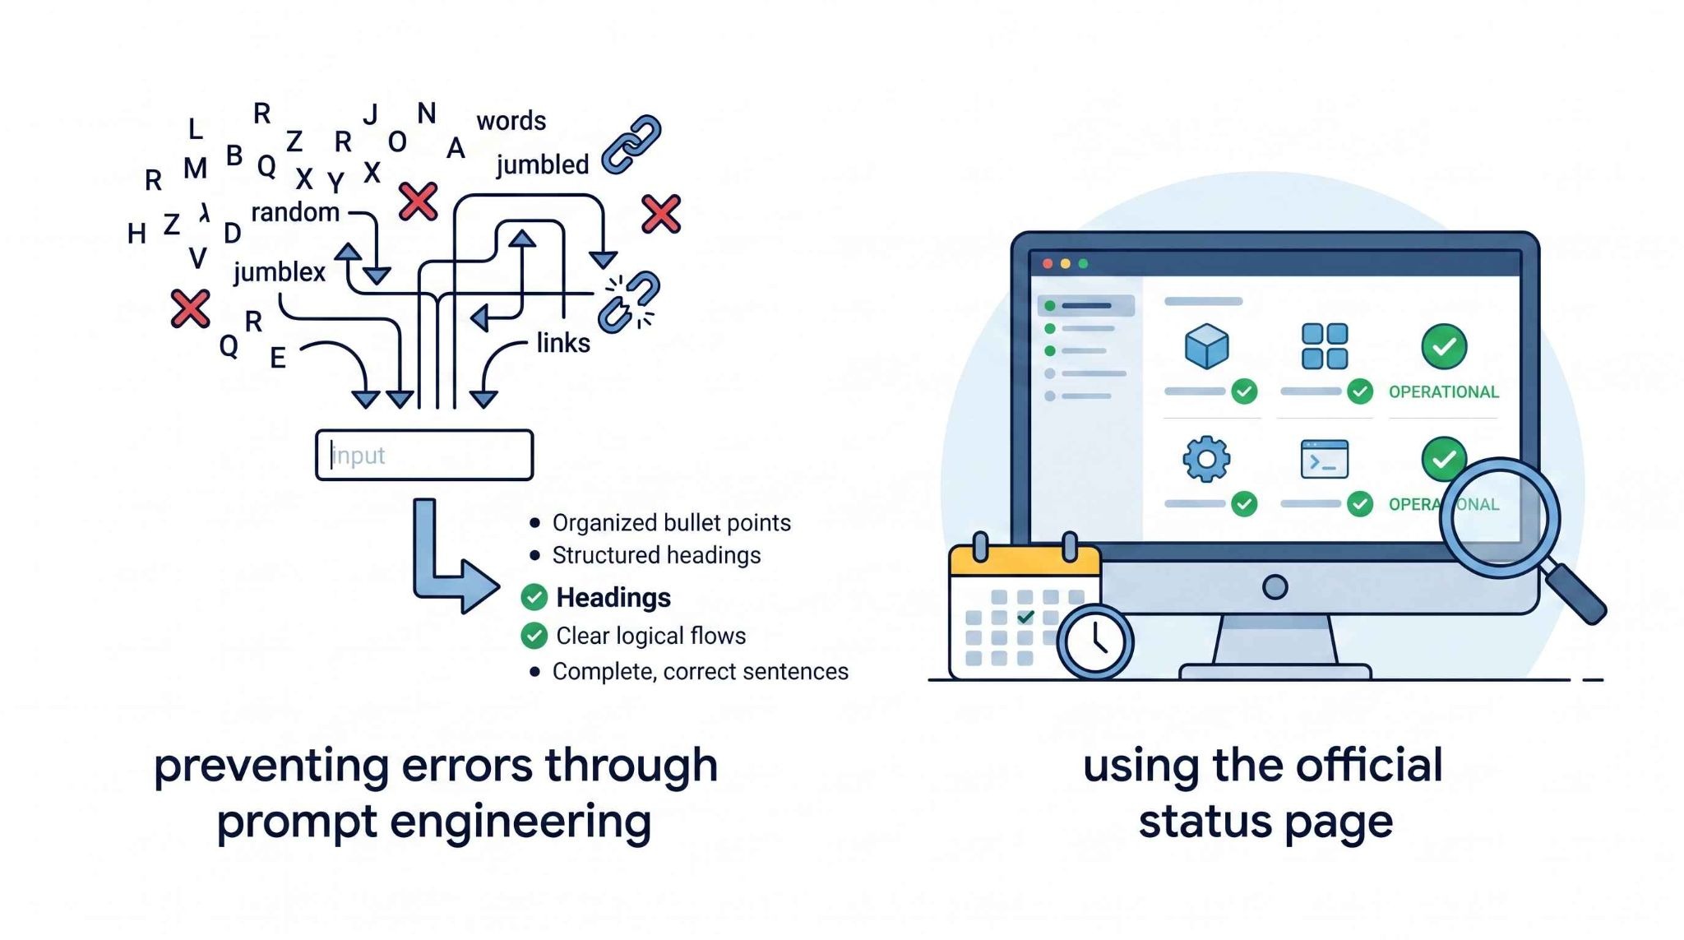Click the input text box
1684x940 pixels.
[424, 455]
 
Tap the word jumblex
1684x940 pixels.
[280, 271]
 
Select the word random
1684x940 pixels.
[295, 212]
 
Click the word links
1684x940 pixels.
[563, 342]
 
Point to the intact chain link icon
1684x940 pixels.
[631, 145]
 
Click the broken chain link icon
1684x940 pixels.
[629, 302]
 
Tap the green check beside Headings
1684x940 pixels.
[534, 597]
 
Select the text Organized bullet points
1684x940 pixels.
[672, 523]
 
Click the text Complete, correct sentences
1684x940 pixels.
[701, 672]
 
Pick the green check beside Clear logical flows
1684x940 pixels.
[534, 635]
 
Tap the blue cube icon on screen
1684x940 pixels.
[1207, 345]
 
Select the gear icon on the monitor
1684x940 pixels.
[1206, 459]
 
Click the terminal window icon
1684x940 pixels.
[1325, 459]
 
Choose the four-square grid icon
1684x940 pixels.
[1325, 345]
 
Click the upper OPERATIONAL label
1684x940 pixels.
[1444, 392]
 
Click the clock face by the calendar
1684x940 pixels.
[1095, 641]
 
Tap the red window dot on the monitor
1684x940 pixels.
[1048, 264]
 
